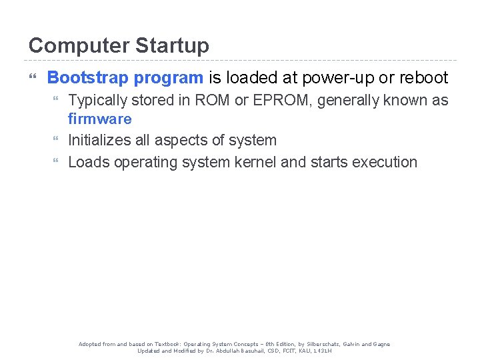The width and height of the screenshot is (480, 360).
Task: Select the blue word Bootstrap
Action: click(x=88, y=78)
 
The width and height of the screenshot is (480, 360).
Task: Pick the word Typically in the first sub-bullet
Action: click(x=97, y=101)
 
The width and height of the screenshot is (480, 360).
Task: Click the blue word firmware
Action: click(x=100, y=119)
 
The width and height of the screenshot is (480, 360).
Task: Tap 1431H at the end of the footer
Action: click(x=321, y=351)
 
